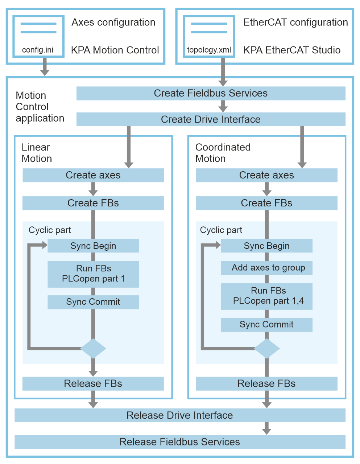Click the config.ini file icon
pos(38,36)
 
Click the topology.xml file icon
pos(209,36)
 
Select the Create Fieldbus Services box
pos(211,94)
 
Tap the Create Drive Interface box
pos(211,119)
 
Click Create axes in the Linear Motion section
pos(93,175)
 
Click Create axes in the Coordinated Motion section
pos(266,175)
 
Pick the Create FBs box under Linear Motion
pos(93,203)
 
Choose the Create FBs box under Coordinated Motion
pos(266,203)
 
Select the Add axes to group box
pos(267,268)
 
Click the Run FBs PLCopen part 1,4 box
pos(267,296)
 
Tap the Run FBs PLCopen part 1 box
pos(93,274)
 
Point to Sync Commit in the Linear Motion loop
pos(93,302)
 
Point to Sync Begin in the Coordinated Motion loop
pos(267,246)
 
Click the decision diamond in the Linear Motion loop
pos(93,349)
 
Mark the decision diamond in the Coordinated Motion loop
pos(267,349)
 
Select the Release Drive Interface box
pos(180,415)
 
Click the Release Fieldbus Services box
pos(180,442)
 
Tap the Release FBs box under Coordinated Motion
pos(266,384)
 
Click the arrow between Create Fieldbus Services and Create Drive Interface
pos(223,106)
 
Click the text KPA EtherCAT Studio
pos(292,50)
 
